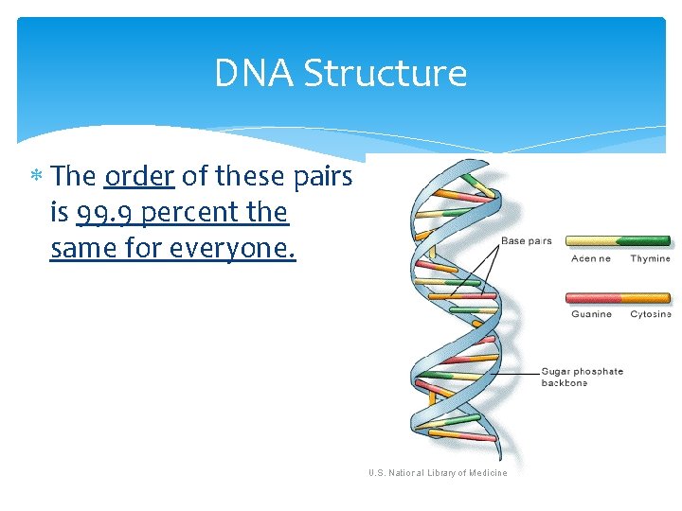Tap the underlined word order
click(139, 176)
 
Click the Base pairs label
click(526, 241)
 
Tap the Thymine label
click(650, 258)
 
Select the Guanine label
click(591, 314)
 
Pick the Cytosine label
click(651, 314)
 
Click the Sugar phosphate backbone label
click(582, 377)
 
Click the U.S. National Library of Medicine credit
click(438, 473)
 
